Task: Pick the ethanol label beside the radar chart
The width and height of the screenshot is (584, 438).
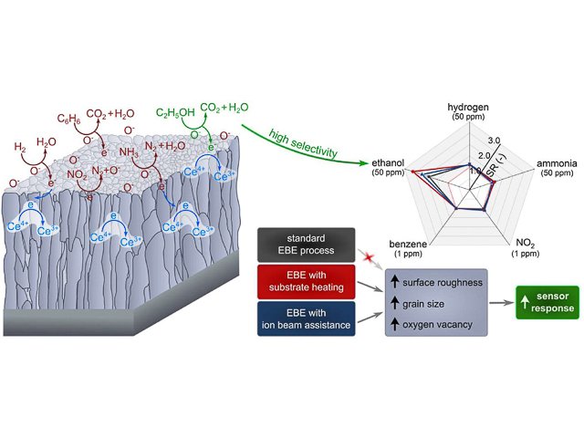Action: click(x=387, y=162)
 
